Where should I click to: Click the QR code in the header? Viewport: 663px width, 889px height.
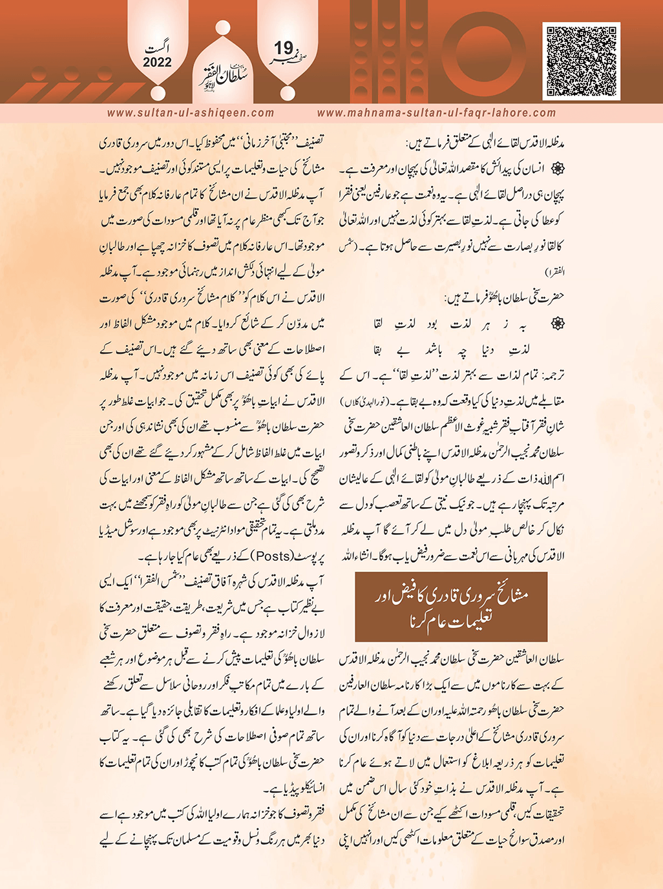coord(582,61)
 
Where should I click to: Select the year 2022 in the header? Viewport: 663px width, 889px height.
coord(157,63)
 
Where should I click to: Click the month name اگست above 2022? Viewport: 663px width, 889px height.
coord(158,49)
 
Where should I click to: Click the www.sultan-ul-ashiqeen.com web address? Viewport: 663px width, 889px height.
coord(191,112)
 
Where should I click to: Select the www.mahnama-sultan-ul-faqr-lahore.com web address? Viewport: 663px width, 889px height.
coord(436,112)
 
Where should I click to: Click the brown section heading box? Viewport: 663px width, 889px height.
coord(451,607)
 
